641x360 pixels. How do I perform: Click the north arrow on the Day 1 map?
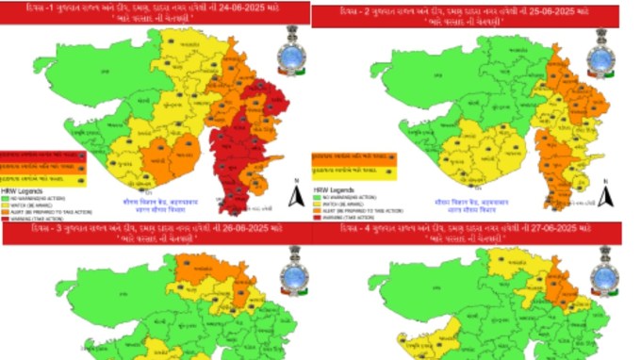pos(295,193)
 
